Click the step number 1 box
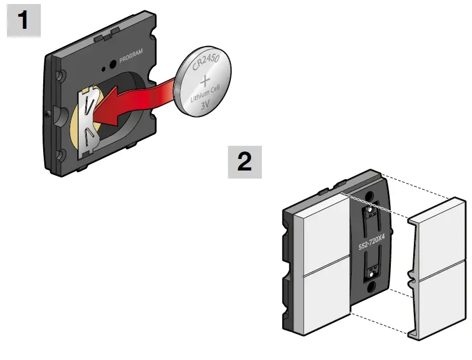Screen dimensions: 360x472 pos(24,22)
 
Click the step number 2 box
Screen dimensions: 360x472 pos(245,162)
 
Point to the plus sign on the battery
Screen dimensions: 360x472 pos(207,82)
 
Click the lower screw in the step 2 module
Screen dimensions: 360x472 pos(372,284)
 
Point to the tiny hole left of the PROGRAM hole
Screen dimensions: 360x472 pos(103,69)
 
